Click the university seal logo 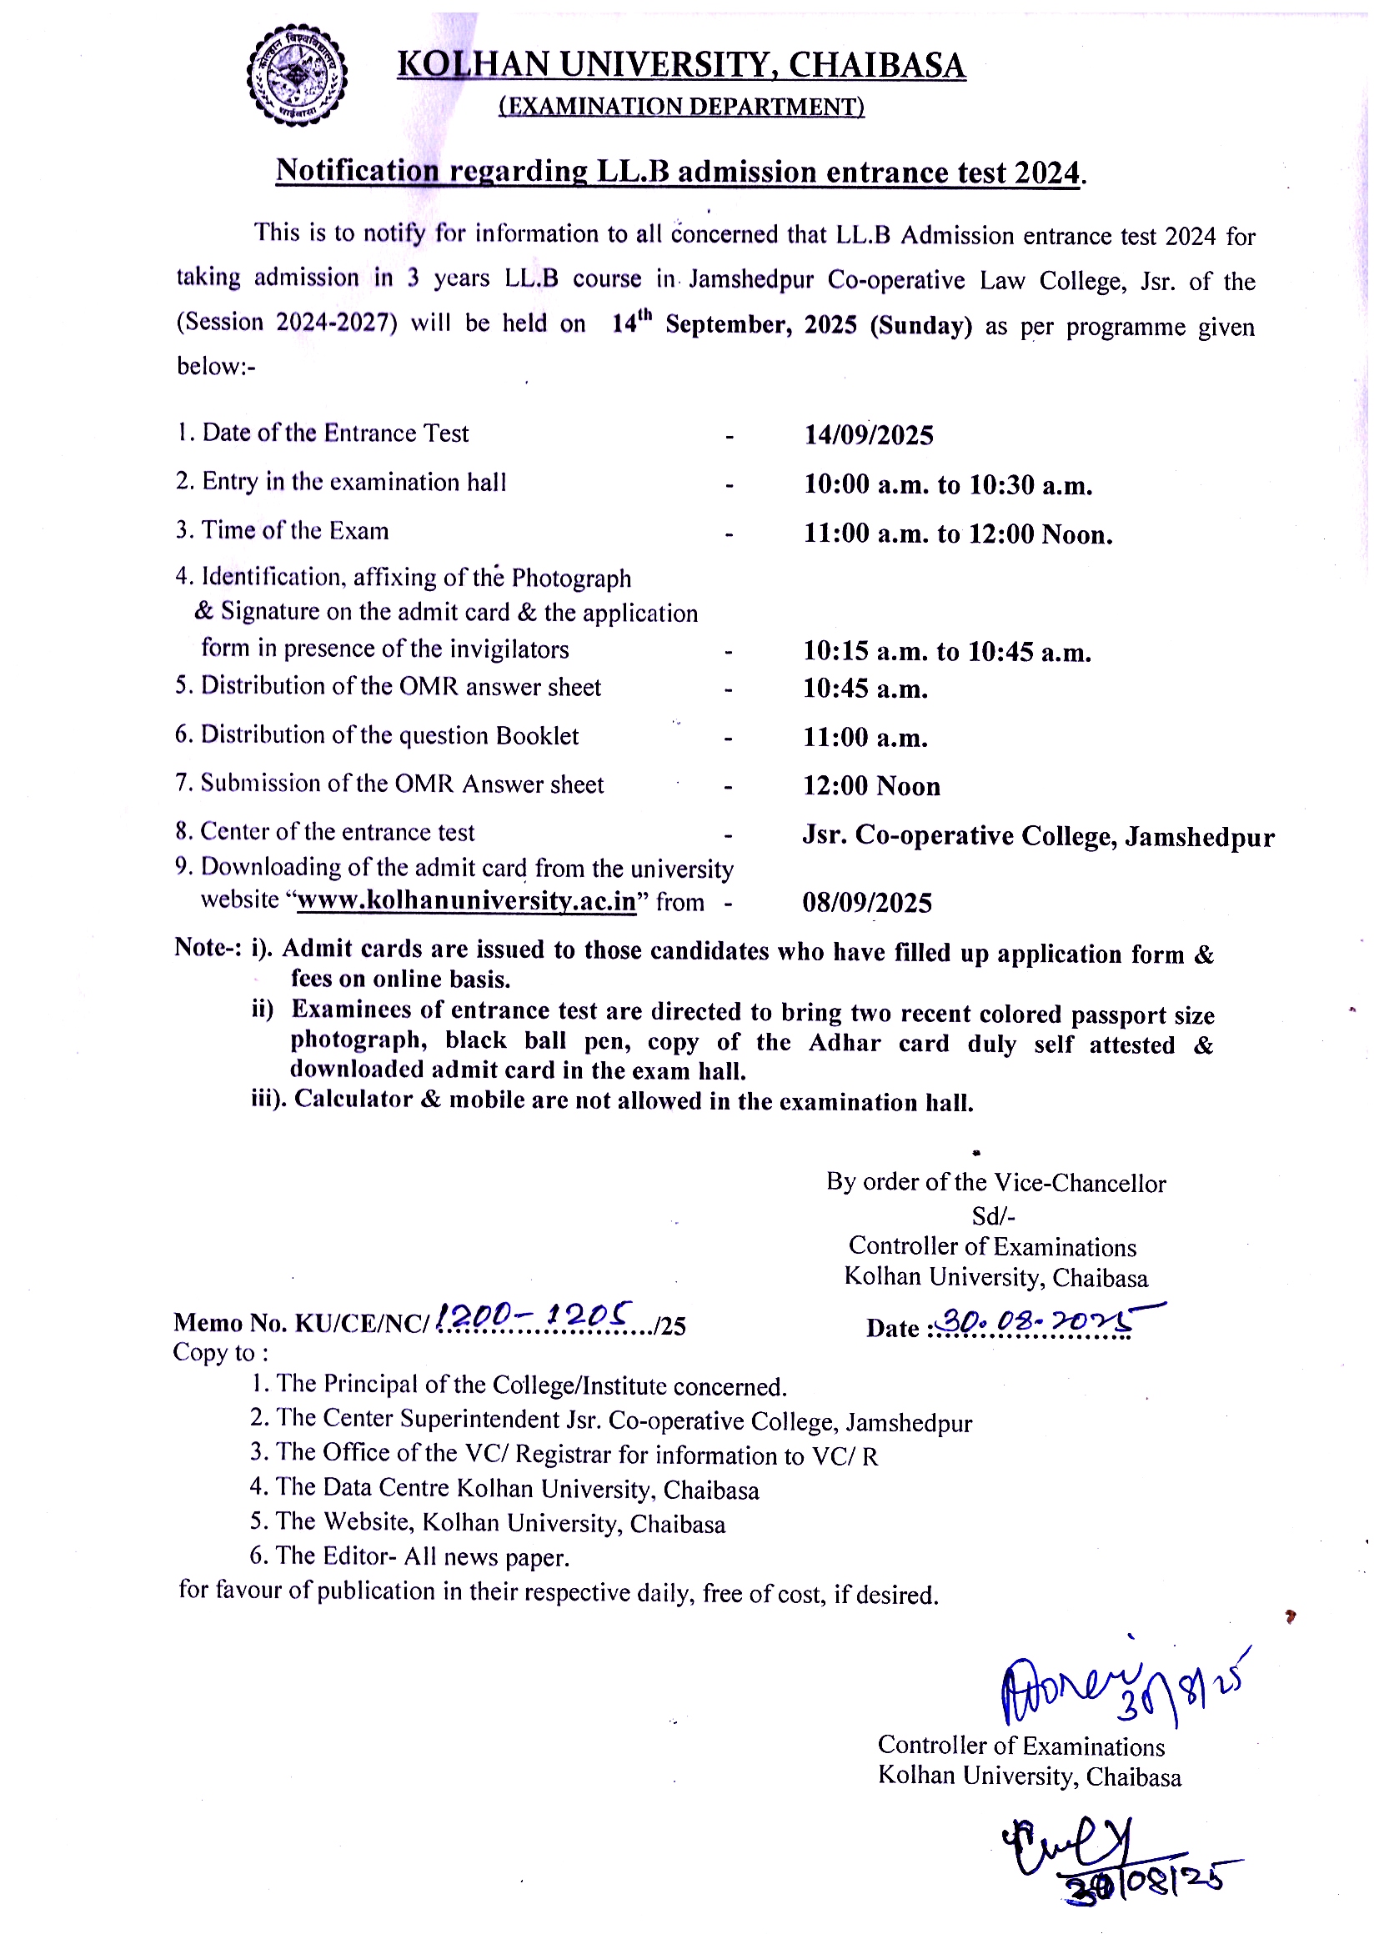coord(296,77)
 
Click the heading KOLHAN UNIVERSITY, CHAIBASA coord(681,65)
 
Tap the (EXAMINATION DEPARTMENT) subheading coord(681,107)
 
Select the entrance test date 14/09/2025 coord(869,435)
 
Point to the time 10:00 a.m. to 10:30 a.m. coord(948,484)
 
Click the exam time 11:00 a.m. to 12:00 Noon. coord(958,534)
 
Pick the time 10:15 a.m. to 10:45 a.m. coord(947,652)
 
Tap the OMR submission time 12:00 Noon coord(871,786)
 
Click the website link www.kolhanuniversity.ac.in coord(466,901)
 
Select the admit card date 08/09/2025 coord(867,902)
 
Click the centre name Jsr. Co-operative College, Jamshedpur coord(1038,836)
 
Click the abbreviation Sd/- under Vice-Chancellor coord(993,1216)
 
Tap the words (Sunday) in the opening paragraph coord(920,326)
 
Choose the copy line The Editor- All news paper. coord(409,1556)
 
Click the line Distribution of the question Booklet coord(377,735)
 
